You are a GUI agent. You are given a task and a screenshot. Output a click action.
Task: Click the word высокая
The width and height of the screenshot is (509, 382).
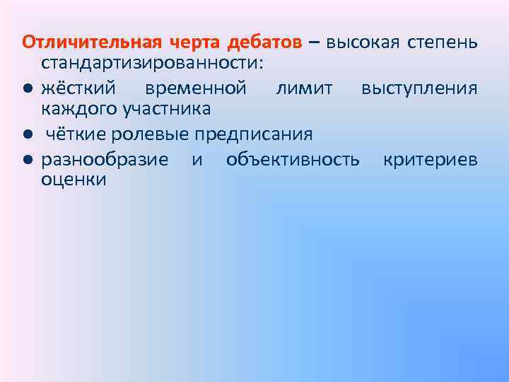[x=361, y=42]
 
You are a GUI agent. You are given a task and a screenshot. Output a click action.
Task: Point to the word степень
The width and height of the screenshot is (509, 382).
[x=443, y=42]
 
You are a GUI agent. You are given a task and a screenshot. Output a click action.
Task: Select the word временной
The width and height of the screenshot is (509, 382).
[x=195, y=88]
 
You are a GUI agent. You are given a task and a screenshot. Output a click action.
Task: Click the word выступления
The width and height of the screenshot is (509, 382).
[x=419, y=88]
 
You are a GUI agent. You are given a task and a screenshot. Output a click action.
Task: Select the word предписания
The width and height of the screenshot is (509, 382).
[x=252, y=134]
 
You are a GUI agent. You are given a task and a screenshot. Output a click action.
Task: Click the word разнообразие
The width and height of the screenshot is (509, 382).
[x=105, y=158]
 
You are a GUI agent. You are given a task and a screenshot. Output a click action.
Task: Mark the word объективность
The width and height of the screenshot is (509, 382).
[x=293, y=158]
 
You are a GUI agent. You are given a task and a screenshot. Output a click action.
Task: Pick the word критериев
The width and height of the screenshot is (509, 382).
[x=430, y=158]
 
